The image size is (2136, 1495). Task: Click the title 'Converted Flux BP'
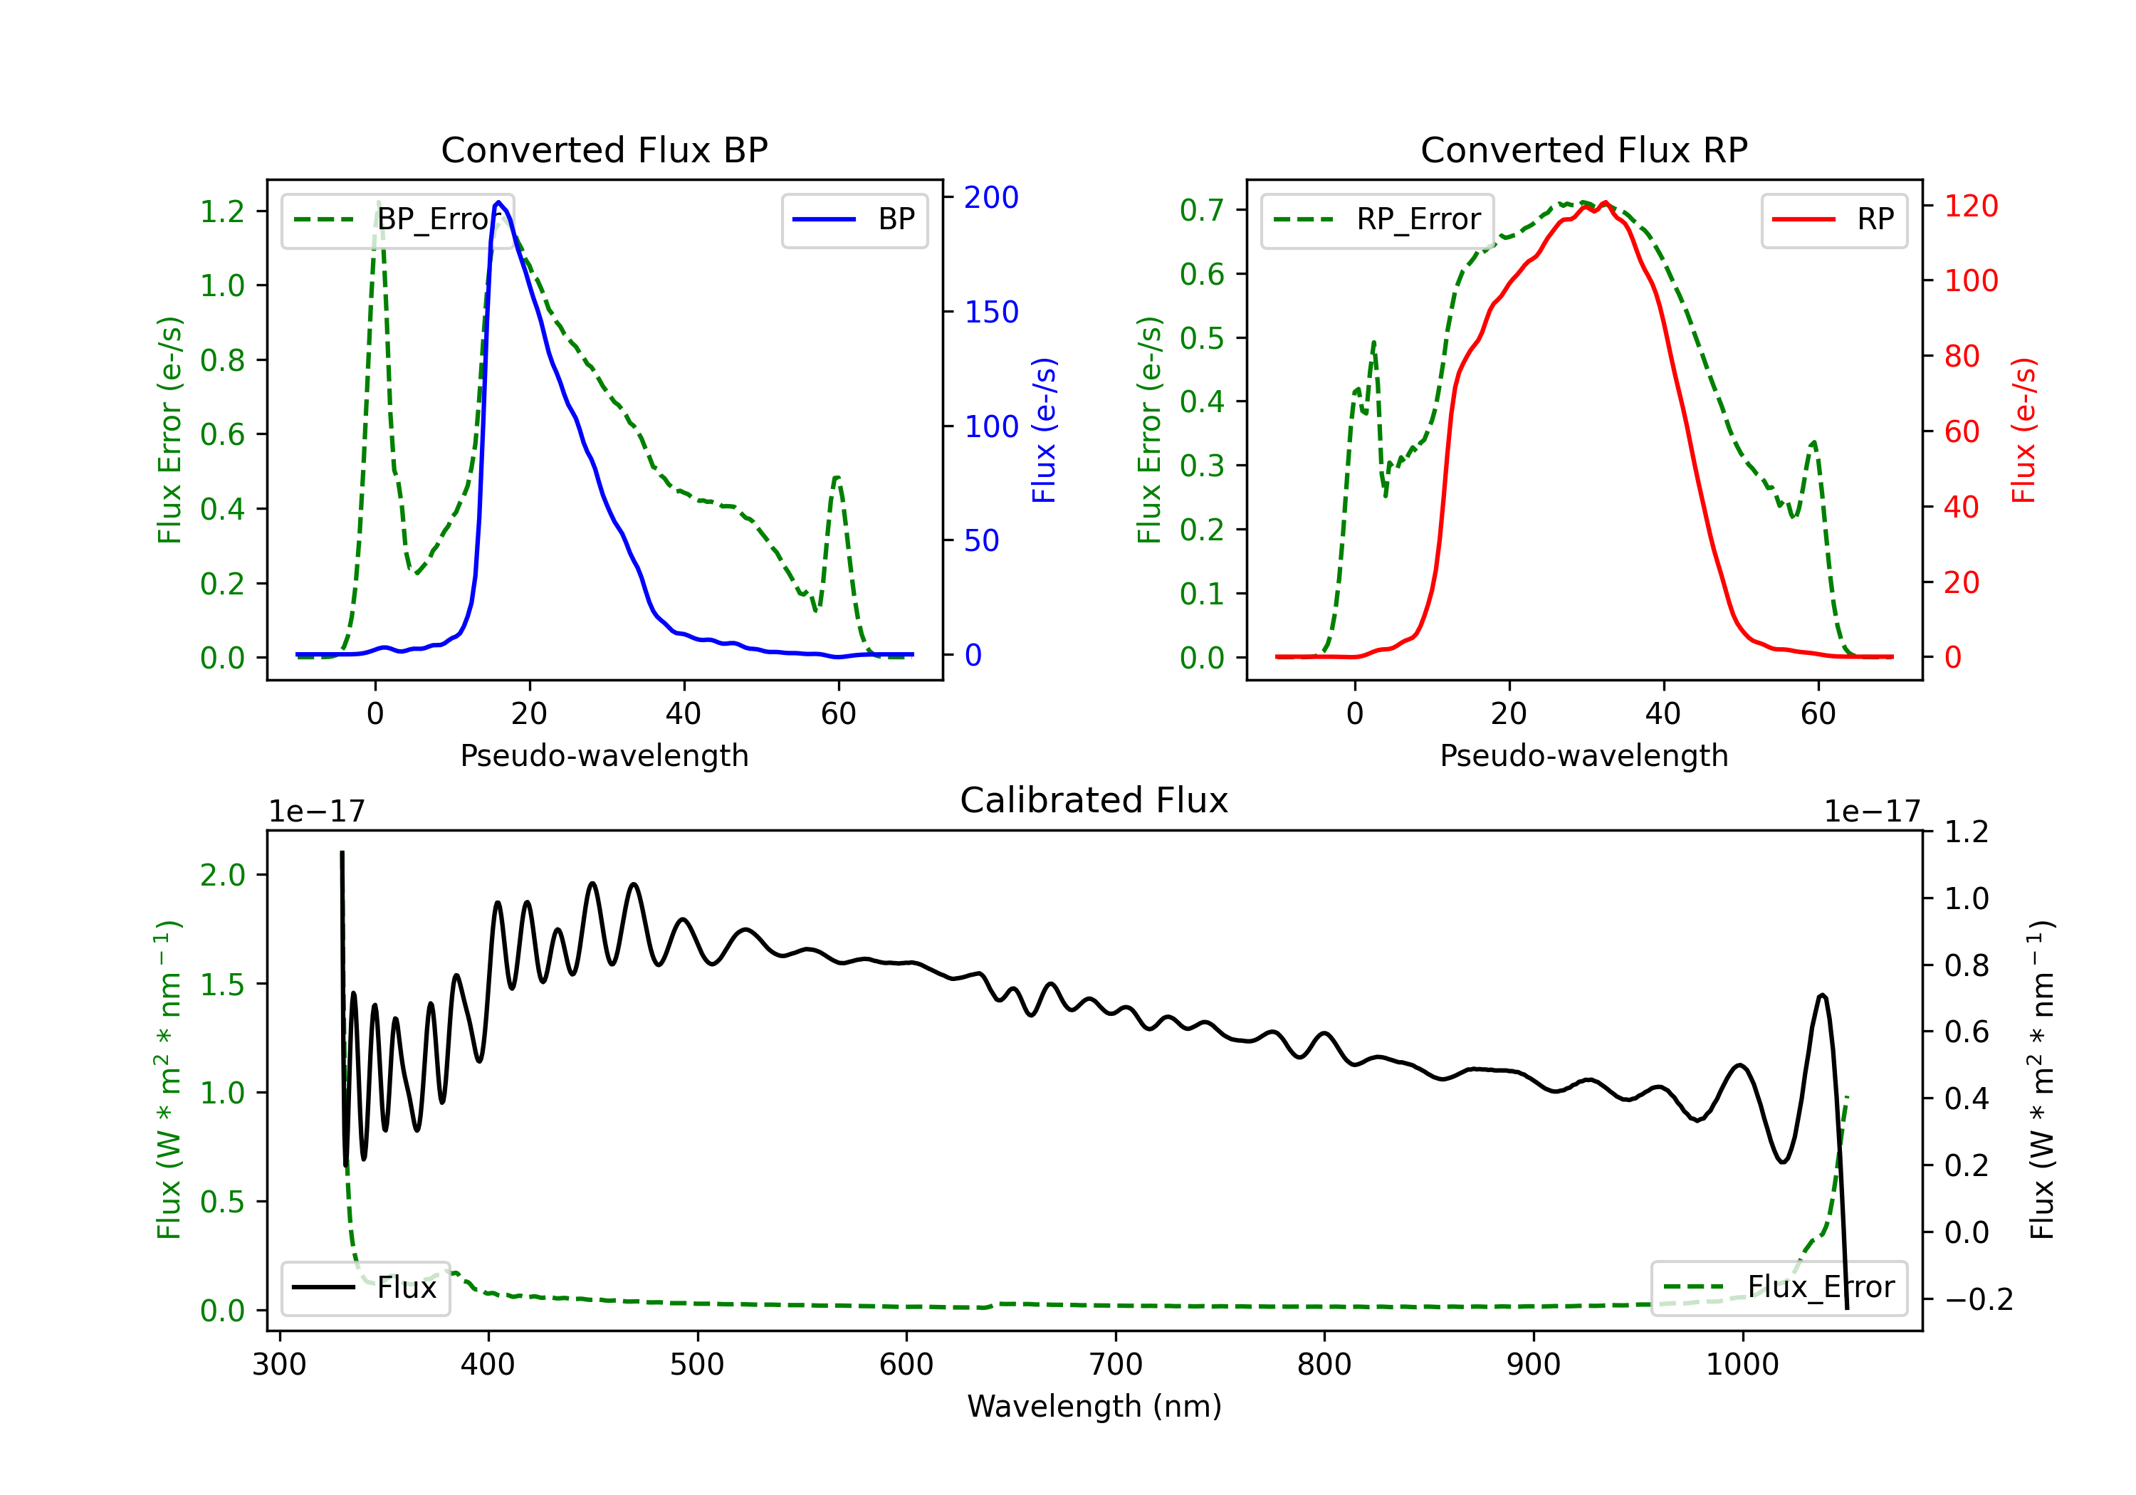[604, 149]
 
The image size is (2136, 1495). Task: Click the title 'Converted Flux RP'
[1583, 149]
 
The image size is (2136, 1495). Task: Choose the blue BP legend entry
[854, 219]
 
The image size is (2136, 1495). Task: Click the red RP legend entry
[1833, 219]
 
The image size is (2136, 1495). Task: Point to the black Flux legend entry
[365, 1288]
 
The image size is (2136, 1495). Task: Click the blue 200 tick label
[991, 197]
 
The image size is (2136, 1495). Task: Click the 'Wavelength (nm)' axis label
[1094, 1406]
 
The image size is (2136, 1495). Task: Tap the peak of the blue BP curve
[498, 202]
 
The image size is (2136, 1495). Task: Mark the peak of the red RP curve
[1605, 203]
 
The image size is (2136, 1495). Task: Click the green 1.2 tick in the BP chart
[222, 211]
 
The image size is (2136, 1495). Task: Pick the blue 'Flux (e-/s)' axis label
[1044, 431]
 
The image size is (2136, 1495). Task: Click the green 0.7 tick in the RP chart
[1202, 210]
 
